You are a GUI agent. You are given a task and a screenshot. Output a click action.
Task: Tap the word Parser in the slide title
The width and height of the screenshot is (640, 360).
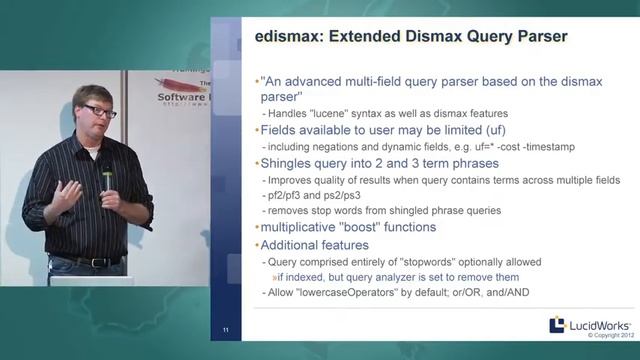(x=529, y=37)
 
